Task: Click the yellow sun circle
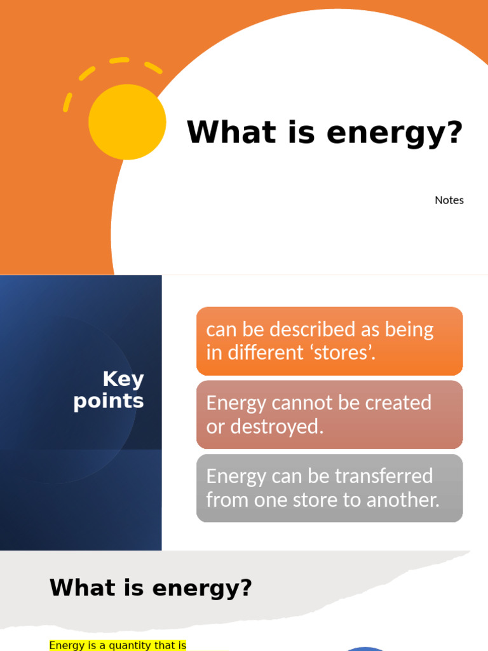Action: pyautogui.click(x=127, y=121)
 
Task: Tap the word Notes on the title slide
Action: pyautogui.click(x=449, y=200)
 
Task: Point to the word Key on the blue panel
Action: pyautogui.click(x=123, y=379)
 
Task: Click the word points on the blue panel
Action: pyautogui.click(x=109, y=402)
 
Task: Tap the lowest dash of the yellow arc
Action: pyautogui.click(x=67, y=102)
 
